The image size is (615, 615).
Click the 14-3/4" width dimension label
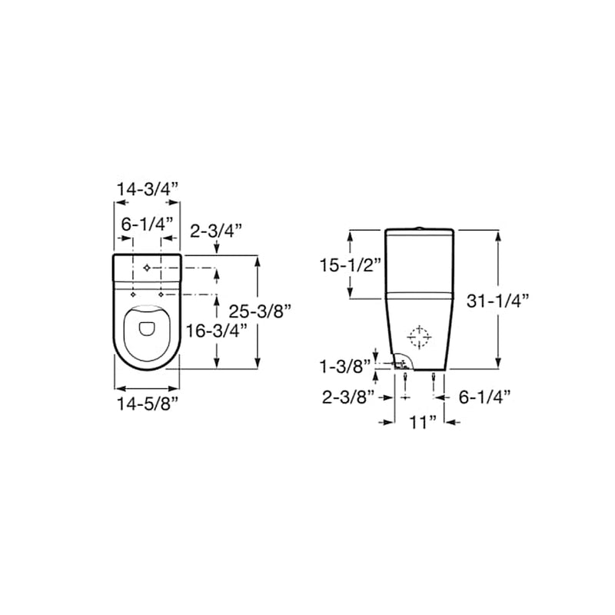[148, 189]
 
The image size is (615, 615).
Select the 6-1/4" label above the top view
[147, 224]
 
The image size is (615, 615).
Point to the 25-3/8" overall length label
[260, 311]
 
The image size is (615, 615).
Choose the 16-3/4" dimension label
[216, 331]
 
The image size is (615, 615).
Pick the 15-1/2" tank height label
[351, 265]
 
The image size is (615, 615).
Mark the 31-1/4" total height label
[497, 301]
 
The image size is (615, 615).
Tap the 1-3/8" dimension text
[345, 367]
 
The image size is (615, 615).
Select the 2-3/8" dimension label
[348, 397]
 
